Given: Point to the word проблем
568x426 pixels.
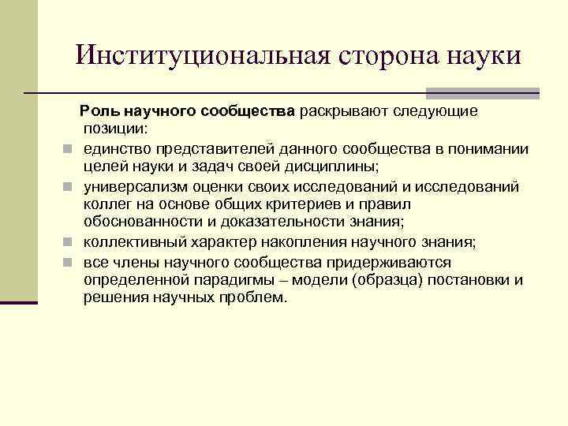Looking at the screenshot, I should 256,297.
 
